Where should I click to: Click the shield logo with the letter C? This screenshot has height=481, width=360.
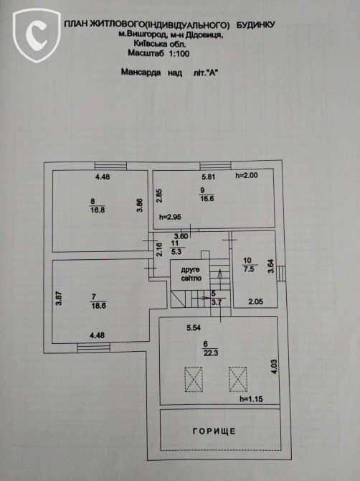coord(37,35)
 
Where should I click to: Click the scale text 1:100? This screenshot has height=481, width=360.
coord(179,54)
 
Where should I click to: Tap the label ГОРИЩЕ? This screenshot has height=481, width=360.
coord(214,431)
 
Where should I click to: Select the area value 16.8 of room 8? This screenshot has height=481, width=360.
coord(98,210)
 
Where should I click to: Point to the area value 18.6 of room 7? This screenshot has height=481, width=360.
coord(99,306)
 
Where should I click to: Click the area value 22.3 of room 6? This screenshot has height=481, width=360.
coord(211,352)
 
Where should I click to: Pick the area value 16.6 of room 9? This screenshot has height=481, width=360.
coord(207,198)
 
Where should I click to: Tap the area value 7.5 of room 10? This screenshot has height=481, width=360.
coord(249,269)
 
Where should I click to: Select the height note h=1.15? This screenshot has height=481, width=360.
coord(251,399)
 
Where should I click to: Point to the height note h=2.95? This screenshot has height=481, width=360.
coord(170,218)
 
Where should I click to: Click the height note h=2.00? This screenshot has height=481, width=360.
coord(247,175)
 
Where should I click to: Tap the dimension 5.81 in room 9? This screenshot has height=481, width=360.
coord(209,177)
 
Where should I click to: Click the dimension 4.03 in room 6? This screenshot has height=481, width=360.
coord(274,366)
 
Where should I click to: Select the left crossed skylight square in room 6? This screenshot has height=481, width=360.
coord(194,379)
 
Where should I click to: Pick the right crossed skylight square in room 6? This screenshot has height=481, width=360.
coord(238,379)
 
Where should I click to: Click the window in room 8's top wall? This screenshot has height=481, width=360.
coord(110,166)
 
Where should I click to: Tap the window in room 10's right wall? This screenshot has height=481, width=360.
coord(282,274)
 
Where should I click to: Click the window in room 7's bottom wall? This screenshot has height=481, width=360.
coord(93,347)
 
